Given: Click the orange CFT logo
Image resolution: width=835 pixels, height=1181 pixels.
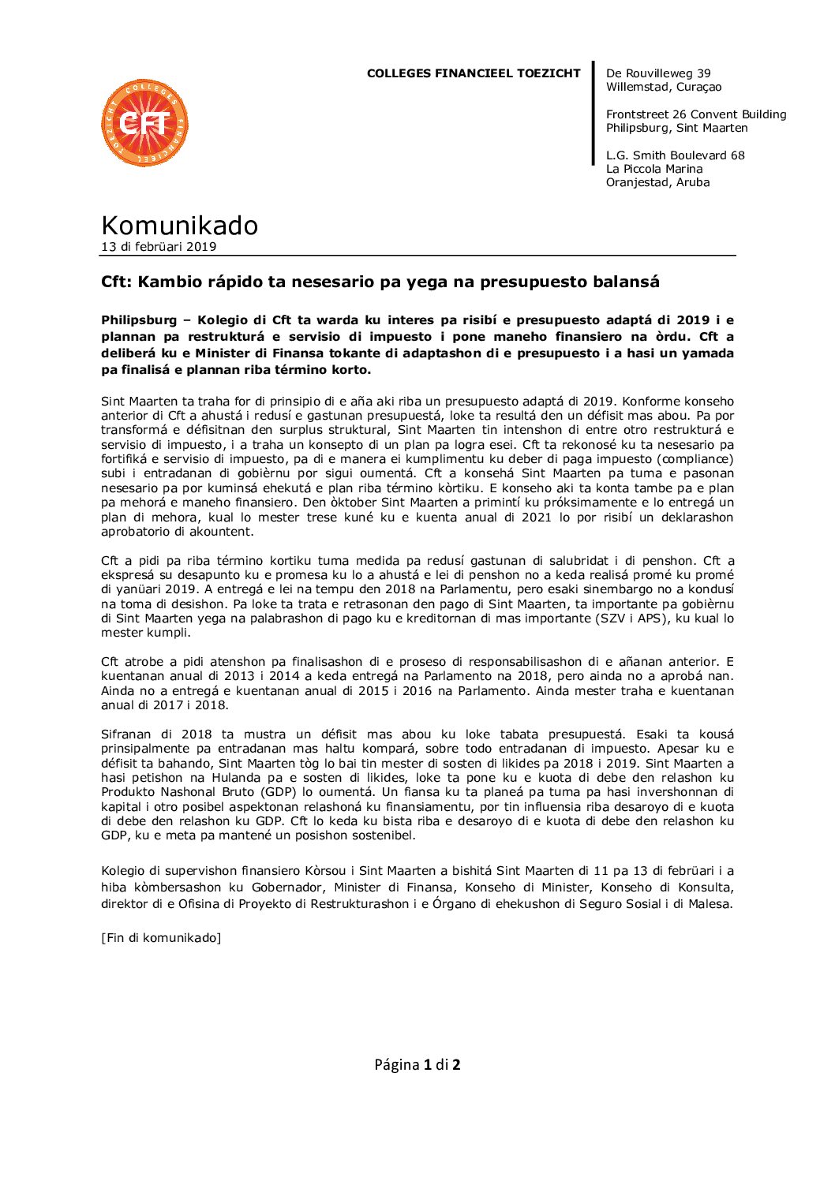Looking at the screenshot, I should click(x=144, y=123).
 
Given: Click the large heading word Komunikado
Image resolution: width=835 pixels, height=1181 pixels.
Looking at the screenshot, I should click(x=179, y=226).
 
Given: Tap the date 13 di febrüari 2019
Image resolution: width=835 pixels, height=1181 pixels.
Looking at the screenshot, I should click(x=158, y=247).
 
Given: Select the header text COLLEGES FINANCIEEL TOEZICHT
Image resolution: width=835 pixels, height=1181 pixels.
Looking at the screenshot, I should click(x=473, y=73).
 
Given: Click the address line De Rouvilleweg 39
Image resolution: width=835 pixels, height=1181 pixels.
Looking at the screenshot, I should click(x=658, y=73).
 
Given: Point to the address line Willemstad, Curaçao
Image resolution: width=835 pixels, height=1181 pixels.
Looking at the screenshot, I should click(x=663, y=87).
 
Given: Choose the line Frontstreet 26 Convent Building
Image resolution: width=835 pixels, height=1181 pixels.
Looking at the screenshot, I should click(x=695, y=114).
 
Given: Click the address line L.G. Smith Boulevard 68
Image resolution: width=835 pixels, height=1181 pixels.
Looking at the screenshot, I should click(x=675, y=155).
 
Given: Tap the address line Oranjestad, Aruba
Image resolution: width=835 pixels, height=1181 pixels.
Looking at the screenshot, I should click(x=657, y=182).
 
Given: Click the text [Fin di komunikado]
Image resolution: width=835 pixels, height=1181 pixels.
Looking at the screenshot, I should click(x=161, y=938).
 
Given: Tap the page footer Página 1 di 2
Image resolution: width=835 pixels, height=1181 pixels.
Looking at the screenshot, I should click(x=417, y=1065).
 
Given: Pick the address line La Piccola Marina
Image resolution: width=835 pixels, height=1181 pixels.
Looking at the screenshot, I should click(x=653, y=169).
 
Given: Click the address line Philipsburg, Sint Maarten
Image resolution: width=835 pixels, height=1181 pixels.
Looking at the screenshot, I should click(x=676, y=128).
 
